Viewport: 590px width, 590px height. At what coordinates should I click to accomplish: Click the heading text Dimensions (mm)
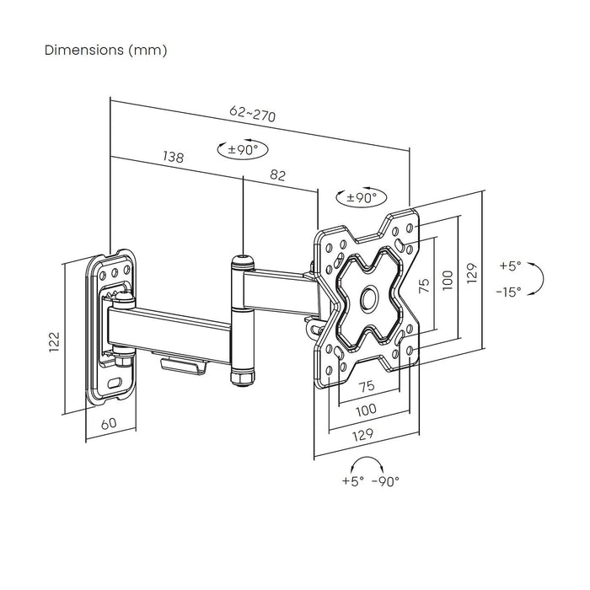[105, 51]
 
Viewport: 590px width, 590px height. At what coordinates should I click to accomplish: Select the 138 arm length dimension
[174, 158]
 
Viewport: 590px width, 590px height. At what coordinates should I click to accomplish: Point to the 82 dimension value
[278, 175]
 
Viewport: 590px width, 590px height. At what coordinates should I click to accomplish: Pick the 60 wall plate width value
[109, 423]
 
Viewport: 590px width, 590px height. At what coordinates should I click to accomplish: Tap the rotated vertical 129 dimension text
[472, 272]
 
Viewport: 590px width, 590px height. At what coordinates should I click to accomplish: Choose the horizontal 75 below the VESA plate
[367, 387]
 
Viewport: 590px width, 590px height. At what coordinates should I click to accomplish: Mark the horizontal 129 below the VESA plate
[365, 436]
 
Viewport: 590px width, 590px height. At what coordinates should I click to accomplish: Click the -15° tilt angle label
[510, 291]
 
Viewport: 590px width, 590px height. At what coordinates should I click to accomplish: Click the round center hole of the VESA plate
[369, 297]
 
